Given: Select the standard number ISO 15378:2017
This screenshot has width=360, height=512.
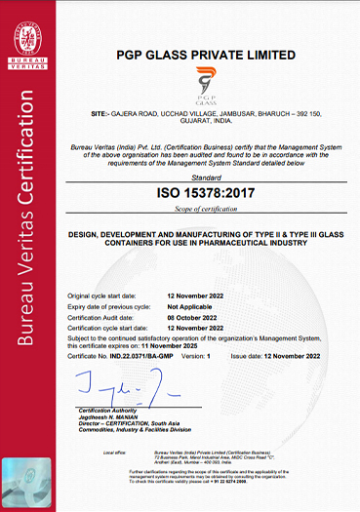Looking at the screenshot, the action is pos(203,192).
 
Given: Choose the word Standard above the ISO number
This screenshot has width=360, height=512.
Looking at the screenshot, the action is pos(203,178).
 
